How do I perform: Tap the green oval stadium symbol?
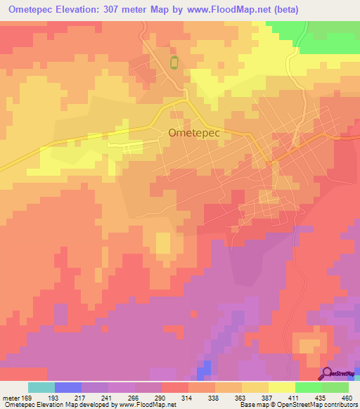tap(174, 63)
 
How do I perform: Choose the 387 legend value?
tap(270, 398)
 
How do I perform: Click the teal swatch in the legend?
tap(41, 387)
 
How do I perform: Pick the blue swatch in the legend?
tap(68, 387)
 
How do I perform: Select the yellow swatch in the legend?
tap(282, 387)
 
